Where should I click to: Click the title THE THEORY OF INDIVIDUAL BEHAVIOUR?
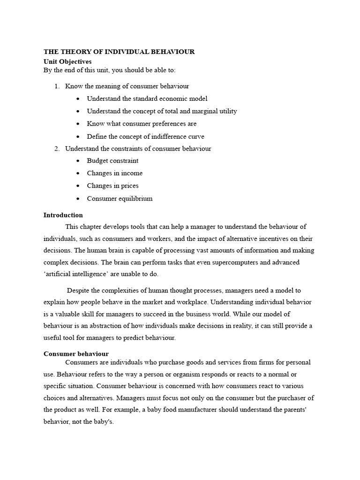coord(119,52)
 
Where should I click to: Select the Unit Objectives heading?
coord(67,61)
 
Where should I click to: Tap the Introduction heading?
coord(63,215)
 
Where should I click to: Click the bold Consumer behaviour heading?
coord(76,353)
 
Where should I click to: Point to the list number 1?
coord(57,86)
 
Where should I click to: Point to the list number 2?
coord(57,149)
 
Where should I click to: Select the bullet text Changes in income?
coord(114,173)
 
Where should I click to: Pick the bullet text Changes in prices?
coord(112,186)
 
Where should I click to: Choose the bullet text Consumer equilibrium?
coord(120,198)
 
